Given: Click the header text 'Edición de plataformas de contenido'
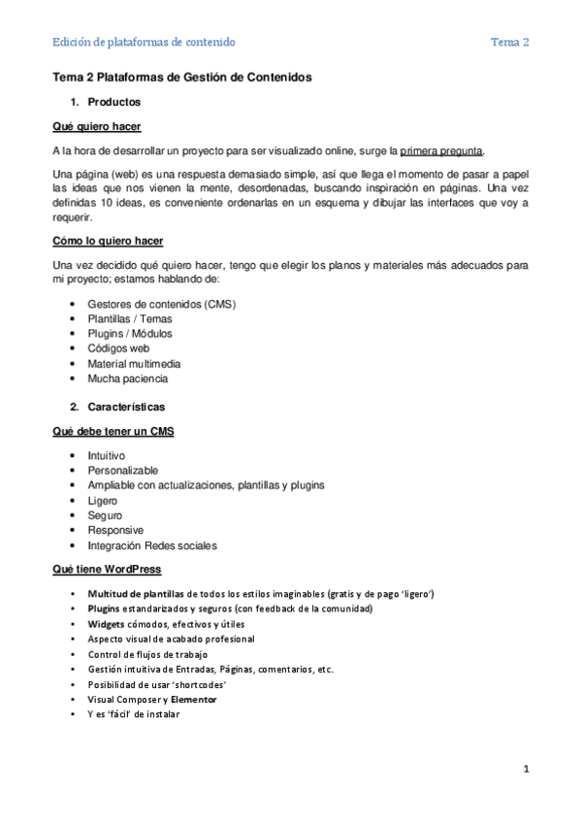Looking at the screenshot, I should [x=144, y=42].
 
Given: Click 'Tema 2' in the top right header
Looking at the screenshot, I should [x=509, y=42].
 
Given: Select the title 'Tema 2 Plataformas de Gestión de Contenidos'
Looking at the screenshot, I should [x=182, y=78].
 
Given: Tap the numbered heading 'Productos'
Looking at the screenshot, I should [x=113, y=102].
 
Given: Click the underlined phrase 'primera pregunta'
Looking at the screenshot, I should [x=440, y=150].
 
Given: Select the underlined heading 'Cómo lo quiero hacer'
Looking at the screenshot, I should [x=108, y=241].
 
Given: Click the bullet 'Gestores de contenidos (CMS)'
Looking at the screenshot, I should [x=161, y=304].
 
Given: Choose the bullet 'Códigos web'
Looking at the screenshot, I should [x=118, y=348].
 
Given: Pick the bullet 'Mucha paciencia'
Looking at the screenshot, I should [x=127, y=379].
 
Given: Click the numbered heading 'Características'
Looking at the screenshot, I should [x=126, y=407].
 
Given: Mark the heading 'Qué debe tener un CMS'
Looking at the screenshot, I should [x=113, y=431].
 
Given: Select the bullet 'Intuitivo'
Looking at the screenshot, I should [x=106, y=455].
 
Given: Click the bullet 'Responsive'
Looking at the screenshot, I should [x=115, y=530].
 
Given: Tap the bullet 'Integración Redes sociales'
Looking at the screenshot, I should [x=152, y=545].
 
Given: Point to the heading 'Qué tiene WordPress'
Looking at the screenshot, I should [x=107, y=569].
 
